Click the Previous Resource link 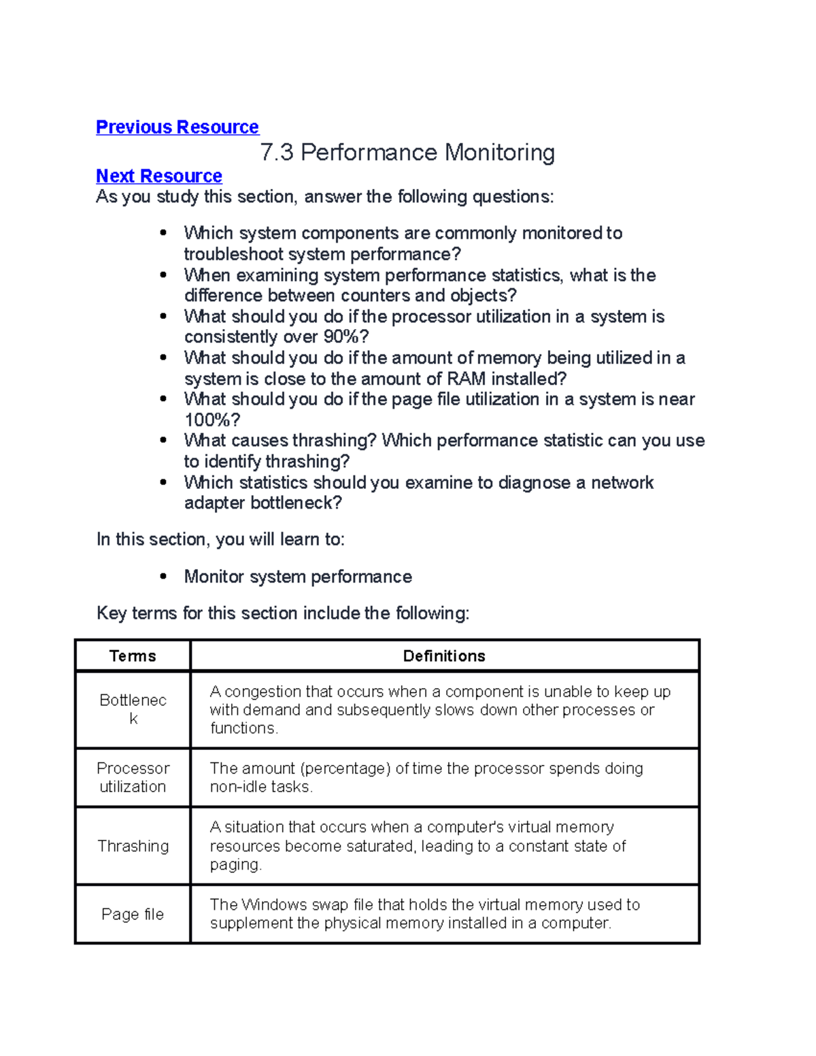(x=177, y=127)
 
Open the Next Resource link (x=158, y=176)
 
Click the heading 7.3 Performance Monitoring (x=407, y=152)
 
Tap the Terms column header (x=133, y=655)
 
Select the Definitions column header (x=444, y=655)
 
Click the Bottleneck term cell (x=133, y=709)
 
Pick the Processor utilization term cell (x=133, y=777)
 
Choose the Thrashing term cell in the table (x=133, y=846)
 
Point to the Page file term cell (x=133, y=914)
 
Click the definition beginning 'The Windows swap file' (x=424, y=914)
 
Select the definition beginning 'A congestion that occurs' (x=439, y=709)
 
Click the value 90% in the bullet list (x=346, y=337)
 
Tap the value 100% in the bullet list (x=211, y=420)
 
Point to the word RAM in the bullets (x=466, y=379)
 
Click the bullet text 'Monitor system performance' (x=298, y=577)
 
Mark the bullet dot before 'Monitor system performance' (x=163, y=577)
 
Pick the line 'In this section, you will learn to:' (x=220, y=539)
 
